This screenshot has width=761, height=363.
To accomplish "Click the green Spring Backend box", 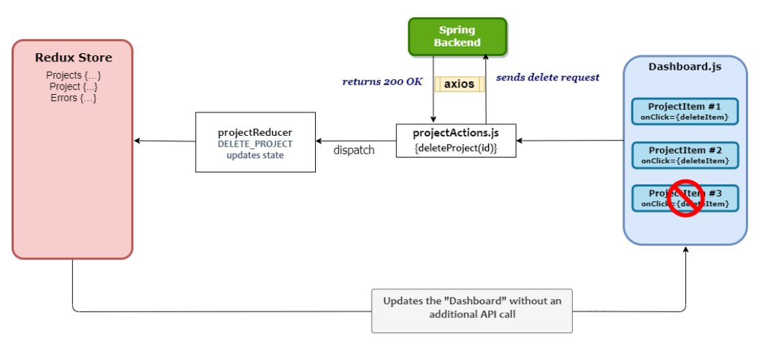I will tap(458, 36).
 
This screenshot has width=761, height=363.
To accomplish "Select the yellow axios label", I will tap(459, 84).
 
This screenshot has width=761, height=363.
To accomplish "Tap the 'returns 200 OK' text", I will tap(383, 82).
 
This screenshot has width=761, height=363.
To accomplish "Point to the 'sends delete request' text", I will tap(548, 77).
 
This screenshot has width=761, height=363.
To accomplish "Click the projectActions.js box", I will tap(456, 141).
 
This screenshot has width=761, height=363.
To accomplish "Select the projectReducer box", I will tap(255, 142).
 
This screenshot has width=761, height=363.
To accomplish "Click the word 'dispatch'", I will tap(353, 150).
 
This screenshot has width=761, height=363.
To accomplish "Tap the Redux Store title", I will tap(73, 57).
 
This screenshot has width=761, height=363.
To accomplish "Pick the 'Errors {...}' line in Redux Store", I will tap(73, 98).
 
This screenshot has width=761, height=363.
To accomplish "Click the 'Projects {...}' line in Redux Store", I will tap(73, 75).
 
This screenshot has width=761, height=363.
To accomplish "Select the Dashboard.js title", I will tap(685, 67).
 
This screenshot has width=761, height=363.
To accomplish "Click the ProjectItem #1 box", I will tap(685, 111).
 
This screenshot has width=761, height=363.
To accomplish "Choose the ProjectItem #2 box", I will tap(685, 155).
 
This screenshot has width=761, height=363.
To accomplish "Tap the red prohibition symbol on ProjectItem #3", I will tap(685, 199).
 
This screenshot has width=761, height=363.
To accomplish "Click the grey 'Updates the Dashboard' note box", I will tap(472, 310).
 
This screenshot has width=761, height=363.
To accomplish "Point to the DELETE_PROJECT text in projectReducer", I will tap(255, 144).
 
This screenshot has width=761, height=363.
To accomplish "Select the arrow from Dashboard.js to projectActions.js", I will tap(569, 141).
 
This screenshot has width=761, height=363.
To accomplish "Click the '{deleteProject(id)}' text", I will tap(456, 147).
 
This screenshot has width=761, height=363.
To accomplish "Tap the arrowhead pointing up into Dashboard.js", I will tap(685, 251).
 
